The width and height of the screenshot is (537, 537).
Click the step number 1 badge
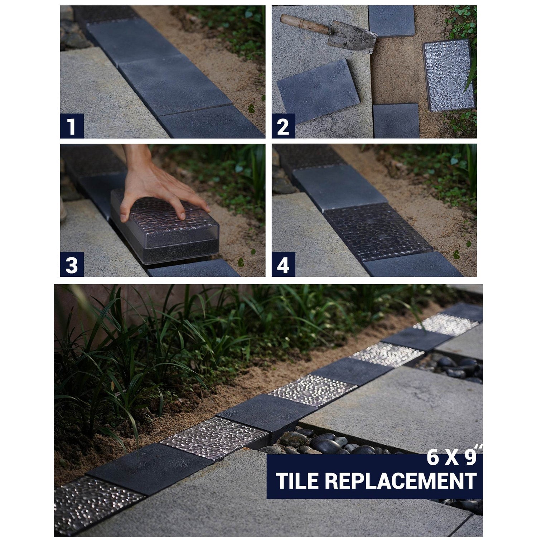tap(72, 126)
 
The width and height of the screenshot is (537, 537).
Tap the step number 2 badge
tap(283, 126)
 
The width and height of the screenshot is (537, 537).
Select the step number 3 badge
tap(72, 265)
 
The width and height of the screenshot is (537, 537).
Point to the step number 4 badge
tap(283, 265)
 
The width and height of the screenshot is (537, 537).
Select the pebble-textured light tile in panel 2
tap(449, 76)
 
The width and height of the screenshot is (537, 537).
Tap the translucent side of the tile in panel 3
tap(168, 243)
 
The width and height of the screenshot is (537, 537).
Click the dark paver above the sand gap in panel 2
tap(391, 21)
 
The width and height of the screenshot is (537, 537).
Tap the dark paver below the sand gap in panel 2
tap(396, 121)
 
